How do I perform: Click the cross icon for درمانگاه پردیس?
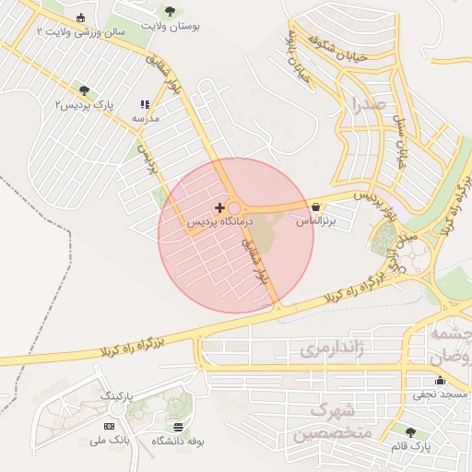point(218,207)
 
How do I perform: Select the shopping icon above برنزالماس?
point(317,207)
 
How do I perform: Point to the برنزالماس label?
point(316,222)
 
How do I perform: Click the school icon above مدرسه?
point(144,105)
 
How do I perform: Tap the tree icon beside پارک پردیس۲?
point(85,90)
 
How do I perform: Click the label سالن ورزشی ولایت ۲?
point(66,31)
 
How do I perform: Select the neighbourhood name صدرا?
point(361,104)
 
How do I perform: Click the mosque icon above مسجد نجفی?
point(440,380)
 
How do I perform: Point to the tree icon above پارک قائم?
point(410,431)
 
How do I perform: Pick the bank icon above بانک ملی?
point(110,426)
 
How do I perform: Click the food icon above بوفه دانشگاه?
point(177,428)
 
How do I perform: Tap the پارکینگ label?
point(117,395)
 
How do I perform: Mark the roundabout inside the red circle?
point(234,209)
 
